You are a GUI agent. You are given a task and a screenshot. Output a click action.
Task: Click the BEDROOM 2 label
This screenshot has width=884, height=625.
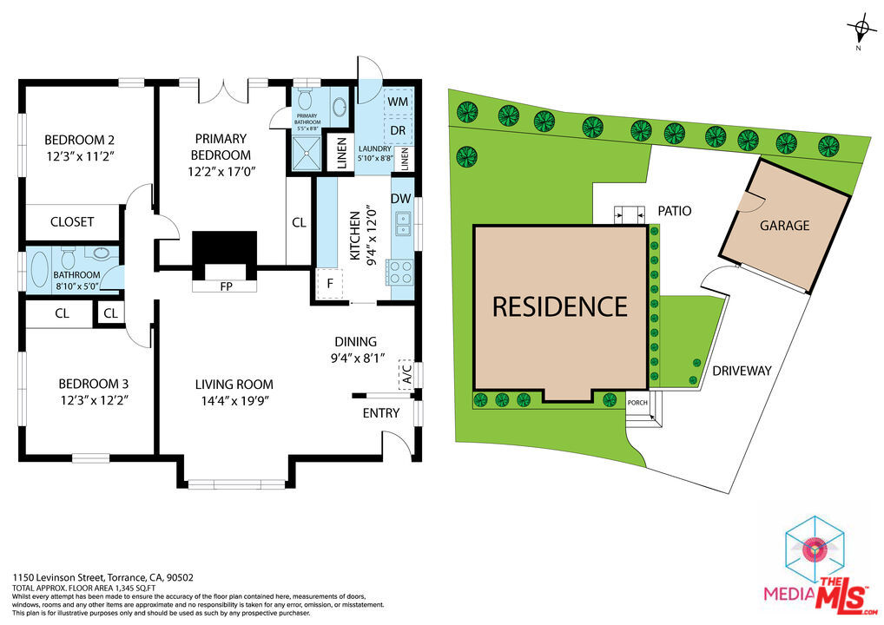tap(80, 139)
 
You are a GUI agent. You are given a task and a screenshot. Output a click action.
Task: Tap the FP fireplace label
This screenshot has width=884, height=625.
tap(226, 286)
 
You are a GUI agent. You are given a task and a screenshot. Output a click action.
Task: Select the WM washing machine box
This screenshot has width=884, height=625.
tap(398, 102)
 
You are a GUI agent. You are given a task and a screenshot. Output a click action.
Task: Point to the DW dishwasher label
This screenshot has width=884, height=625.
tap(401, 199)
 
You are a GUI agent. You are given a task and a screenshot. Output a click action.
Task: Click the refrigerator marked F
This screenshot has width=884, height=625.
tap(330, 284)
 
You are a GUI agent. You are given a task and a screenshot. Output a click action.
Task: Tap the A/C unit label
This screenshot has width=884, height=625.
tap(406, 373)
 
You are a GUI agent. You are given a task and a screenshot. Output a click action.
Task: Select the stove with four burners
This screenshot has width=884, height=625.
tap(399, 273)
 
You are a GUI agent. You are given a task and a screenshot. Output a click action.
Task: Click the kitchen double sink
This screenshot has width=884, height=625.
tap(404, 222)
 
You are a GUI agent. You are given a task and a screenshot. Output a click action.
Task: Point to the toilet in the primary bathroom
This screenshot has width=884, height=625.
tap(305, 98)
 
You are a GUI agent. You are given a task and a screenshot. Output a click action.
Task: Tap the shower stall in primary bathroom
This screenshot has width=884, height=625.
tap(307, 153)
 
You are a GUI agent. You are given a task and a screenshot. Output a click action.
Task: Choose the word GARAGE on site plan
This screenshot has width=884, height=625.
tap(784, 226)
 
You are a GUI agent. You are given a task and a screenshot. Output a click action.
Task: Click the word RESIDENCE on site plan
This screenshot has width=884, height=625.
tap(560, 307)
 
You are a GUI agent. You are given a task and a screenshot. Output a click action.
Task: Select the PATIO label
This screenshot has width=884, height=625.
tap(674, 211)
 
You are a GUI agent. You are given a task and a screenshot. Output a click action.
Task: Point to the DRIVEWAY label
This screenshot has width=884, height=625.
tap(742, 371)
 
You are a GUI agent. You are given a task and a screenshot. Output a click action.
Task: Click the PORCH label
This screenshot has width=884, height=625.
tap(637, 403)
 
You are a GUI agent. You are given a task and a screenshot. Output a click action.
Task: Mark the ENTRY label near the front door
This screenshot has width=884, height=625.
tap(381, 413)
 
